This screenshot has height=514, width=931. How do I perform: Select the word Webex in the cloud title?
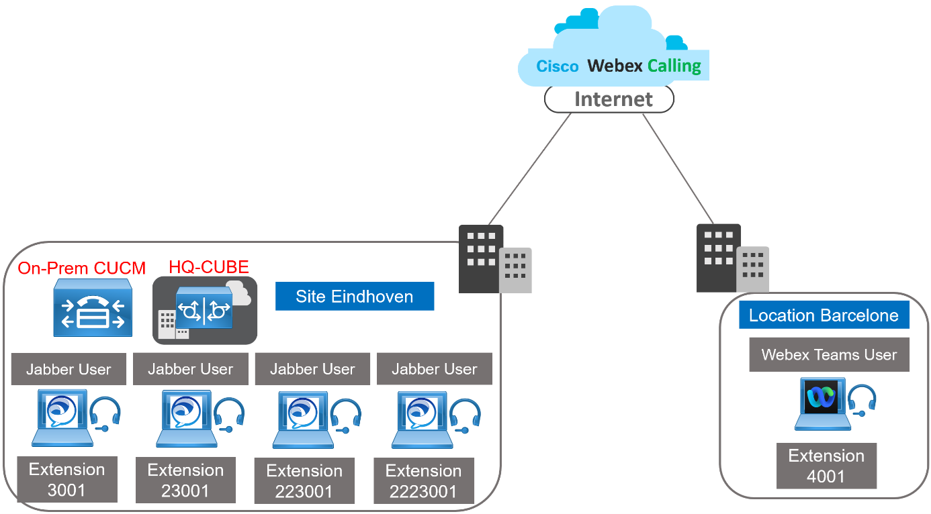click(x=615, y=66)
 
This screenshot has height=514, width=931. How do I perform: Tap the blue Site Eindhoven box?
click(x=354, y=296)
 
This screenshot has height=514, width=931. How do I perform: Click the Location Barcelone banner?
click(x=824, y=315)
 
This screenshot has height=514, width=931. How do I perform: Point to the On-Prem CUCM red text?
click(x=81, y=268)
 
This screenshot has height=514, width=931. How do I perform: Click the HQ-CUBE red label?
click(x=209, y=266)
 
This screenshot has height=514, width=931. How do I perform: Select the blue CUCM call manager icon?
click(x=93, y=309)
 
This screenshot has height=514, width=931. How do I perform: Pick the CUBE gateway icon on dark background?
click(x=204, y=310)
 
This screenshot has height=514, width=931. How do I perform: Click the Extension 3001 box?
click(x=66, y=479)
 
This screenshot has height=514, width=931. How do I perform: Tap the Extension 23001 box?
click(x=185, y=480)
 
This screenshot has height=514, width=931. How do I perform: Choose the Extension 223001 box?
click(x=304, y=481)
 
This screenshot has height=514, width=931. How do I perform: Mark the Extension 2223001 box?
click(x=423, y=481)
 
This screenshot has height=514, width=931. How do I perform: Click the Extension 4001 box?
click(x=826, y=466)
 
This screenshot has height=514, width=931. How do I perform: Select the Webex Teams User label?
click(x=829, y=355)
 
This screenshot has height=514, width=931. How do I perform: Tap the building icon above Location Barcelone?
click(x=731, y=259)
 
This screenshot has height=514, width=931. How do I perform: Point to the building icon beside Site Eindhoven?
click(x=494, y=259)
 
